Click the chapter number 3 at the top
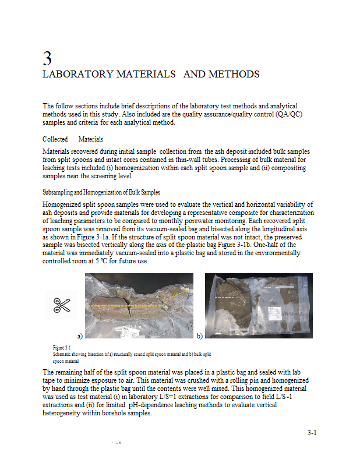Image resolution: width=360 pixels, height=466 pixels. click(48, 58)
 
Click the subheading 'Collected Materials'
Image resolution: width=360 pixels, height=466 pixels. click(73, 139)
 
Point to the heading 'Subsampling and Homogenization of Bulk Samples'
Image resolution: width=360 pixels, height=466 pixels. click(101, 192)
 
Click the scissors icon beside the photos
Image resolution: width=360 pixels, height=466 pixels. click(61, 305)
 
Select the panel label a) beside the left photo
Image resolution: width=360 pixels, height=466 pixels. click(80, 336)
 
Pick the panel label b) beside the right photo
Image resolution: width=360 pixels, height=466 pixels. click(199, 336)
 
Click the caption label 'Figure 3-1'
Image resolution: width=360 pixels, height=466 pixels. click(62, 348)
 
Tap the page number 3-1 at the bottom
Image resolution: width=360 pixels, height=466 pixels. click(312, 433)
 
